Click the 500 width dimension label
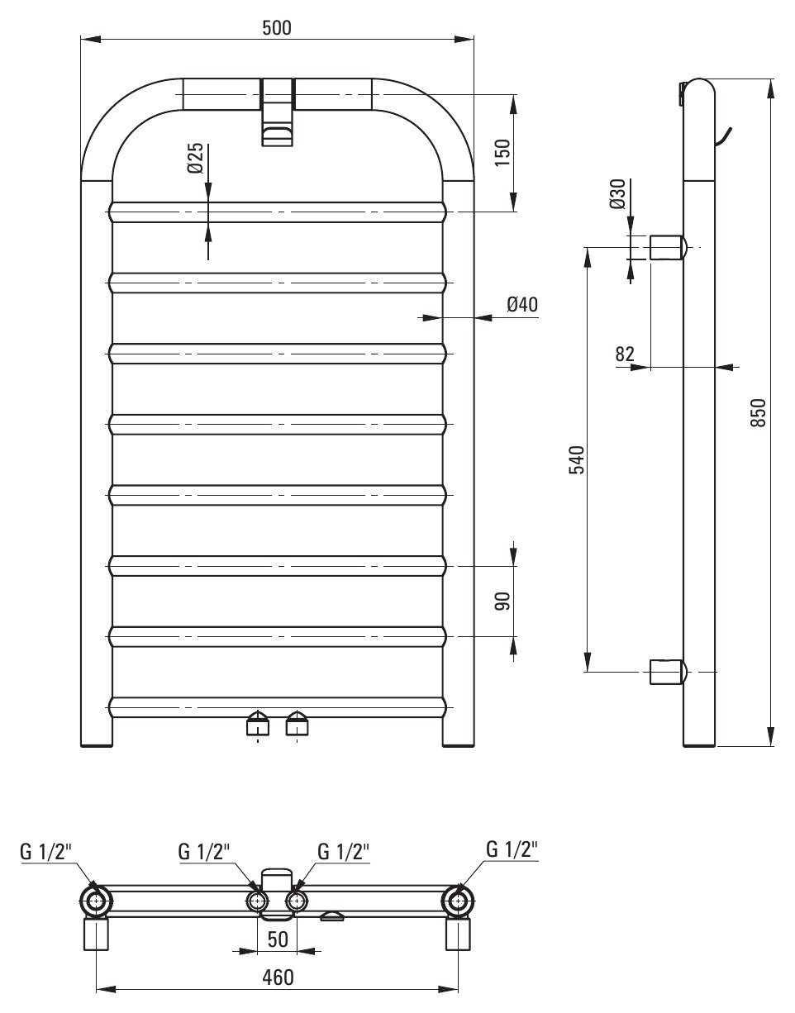[x=277, y=28]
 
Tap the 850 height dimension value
[x=758, y=412]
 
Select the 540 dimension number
[x=577, y=459]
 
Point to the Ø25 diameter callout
[x=196, y=158]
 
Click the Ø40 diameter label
[x=522, y=304]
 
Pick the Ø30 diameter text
[x=616, y=193]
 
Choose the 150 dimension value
[x=502, y=153]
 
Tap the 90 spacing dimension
[x=503, y=601]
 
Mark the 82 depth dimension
[x=625, y=354]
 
